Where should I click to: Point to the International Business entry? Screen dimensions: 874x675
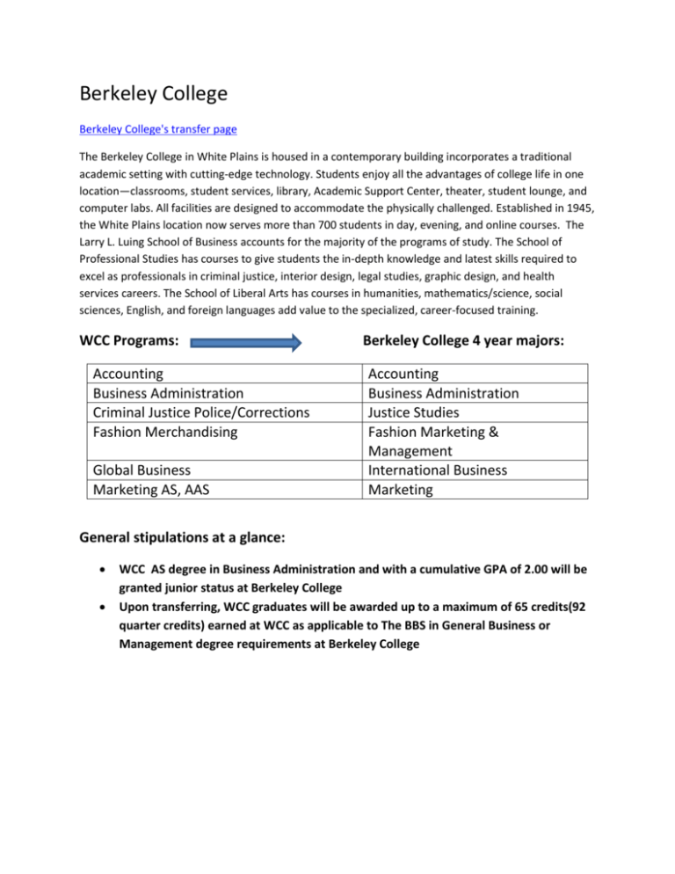click(438, 470)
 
